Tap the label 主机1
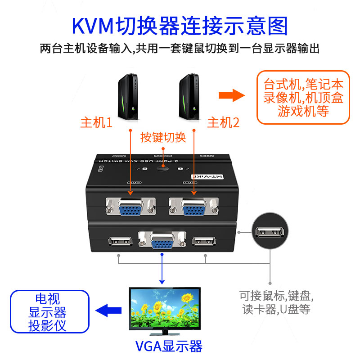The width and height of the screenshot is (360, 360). pyautogui.click(x=96, y=123)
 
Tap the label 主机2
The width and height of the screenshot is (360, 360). pyautogui.click(x=223, y=123)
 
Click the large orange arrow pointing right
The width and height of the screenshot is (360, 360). pyautogui.click(x=231, y=95)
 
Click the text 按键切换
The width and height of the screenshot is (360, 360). pyautogui.click(x=162, y=137)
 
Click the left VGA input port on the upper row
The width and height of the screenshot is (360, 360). pyautogui.click(x=130, y=208)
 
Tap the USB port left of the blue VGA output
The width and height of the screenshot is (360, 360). pyautogui.click(x=121, y=241)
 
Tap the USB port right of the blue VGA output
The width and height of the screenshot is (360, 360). pyautogui.click(x=205, y=241)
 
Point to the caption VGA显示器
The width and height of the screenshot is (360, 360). pyautogui.click(x=169, y=346)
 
